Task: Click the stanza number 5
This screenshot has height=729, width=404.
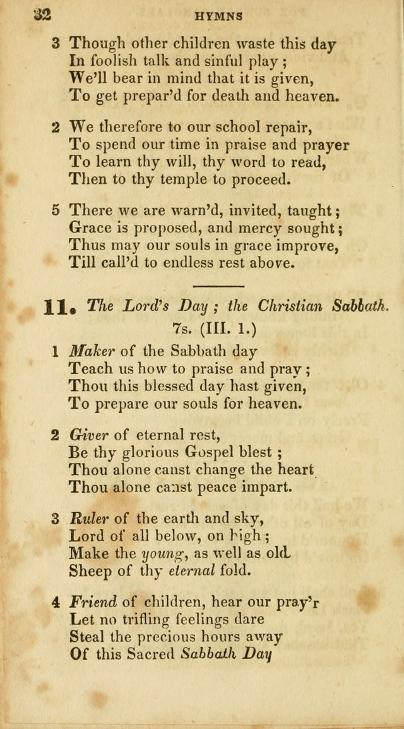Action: pyautogui.click(x=56, y=211)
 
